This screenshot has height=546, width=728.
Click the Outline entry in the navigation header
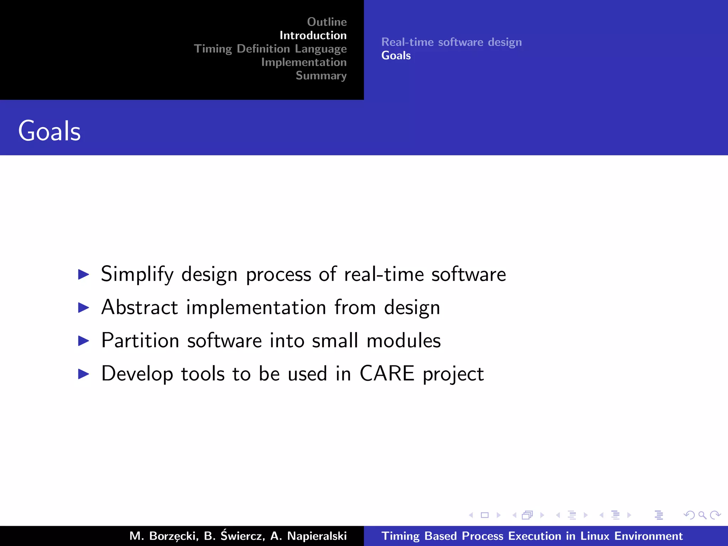tap(327, 22)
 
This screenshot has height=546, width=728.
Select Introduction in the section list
tap(313, 36)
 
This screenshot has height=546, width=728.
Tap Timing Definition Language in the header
tap(270, 49)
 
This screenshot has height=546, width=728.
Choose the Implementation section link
tap(304, 62)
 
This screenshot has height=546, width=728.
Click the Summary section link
tap(321, 76)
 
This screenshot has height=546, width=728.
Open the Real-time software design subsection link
tap(451, 42)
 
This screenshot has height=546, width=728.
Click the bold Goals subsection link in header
tap(396, 55)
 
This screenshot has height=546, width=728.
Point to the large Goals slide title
tap(49, 131)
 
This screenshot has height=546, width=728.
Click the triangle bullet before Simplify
tap(84, 274)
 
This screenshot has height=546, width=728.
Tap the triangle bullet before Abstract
tap(84, 307)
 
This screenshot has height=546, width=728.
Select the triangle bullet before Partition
tap(84, 341)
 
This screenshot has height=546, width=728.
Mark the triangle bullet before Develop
tap(84, 374)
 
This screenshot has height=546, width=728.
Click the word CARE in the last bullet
tap(387, 374)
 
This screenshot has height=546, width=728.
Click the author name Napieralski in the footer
tap(317, 536)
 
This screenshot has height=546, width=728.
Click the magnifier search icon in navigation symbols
tap(702, 515)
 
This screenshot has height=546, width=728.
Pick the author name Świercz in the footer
tap(242, 535)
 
